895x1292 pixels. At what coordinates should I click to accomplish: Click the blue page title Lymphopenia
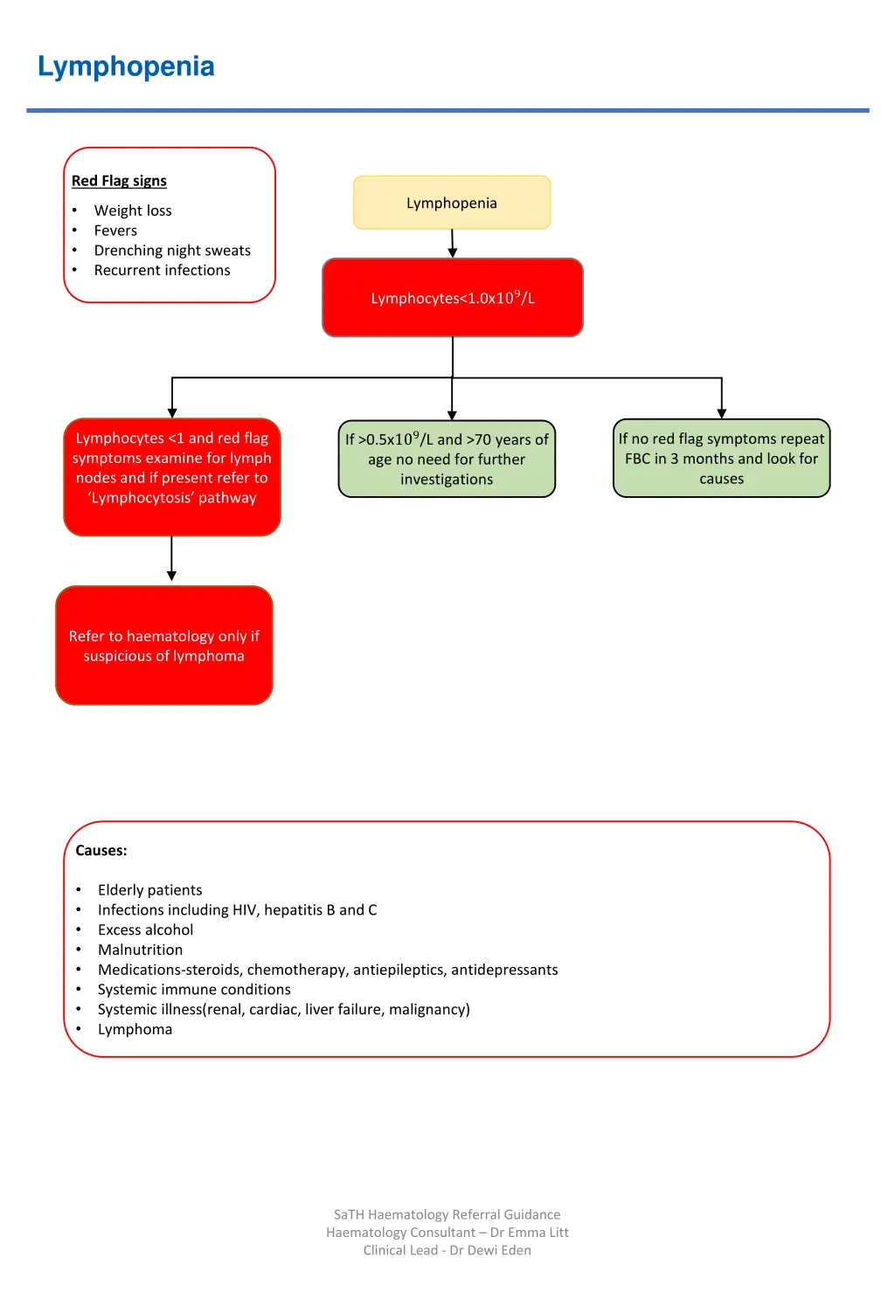click(126, 66)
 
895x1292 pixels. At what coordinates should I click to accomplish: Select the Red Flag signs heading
click(119, 181)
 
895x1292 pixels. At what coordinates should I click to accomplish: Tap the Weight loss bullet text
click(133, 211)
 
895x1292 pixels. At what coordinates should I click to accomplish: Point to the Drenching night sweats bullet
click(172, 251)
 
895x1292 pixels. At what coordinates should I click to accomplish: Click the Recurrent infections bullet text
click(162, 271)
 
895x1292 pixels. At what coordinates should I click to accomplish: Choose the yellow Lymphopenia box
click(452, 203)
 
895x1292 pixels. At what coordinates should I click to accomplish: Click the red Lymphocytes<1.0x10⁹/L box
click(453, 298)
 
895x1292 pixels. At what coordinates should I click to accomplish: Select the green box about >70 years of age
click(447, 459)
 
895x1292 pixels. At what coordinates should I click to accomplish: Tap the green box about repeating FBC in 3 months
click(721, 459)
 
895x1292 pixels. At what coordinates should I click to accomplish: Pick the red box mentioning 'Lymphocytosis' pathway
click(172, 476)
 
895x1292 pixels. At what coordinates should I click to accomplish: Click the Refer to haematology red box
click(164, 646)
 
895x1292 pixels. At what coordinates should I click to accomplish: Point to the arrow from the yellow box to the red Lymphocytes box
click(453, 243)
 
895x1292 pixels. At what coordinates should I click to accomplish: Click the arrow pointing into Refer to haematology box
click(171, 559)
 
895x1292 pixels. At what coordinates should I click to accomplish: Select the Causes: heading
click(101, 851)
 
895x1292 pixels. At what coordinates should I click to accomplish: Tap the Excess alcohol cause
click(145, 930)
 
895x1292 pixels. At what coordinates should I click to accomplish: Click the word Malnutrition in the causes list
click(140, 950)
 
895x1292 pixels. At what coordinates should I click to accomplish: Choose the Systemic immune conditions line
click(194, 990)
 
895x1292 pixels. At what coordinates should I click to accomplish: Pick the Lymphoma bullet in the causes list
click(135, 1030)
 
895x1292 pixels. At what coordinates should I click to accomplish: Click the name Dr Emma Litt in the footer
click(529, 1233)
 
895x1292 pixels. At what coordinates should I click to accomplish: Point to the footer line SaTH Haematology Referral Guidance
click(447, 1214)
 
